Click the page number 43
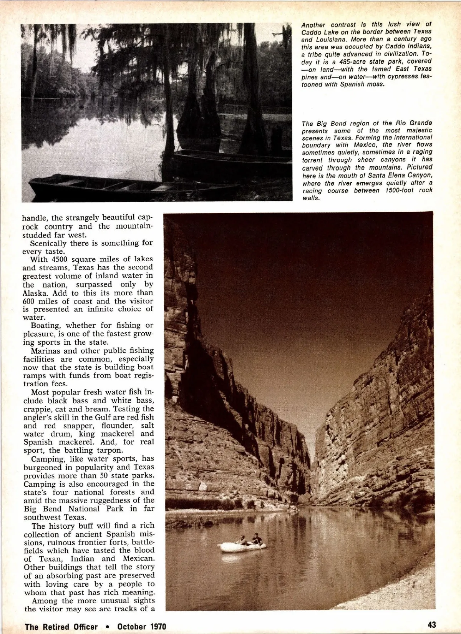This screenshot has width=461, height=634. tap(431, 625)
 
